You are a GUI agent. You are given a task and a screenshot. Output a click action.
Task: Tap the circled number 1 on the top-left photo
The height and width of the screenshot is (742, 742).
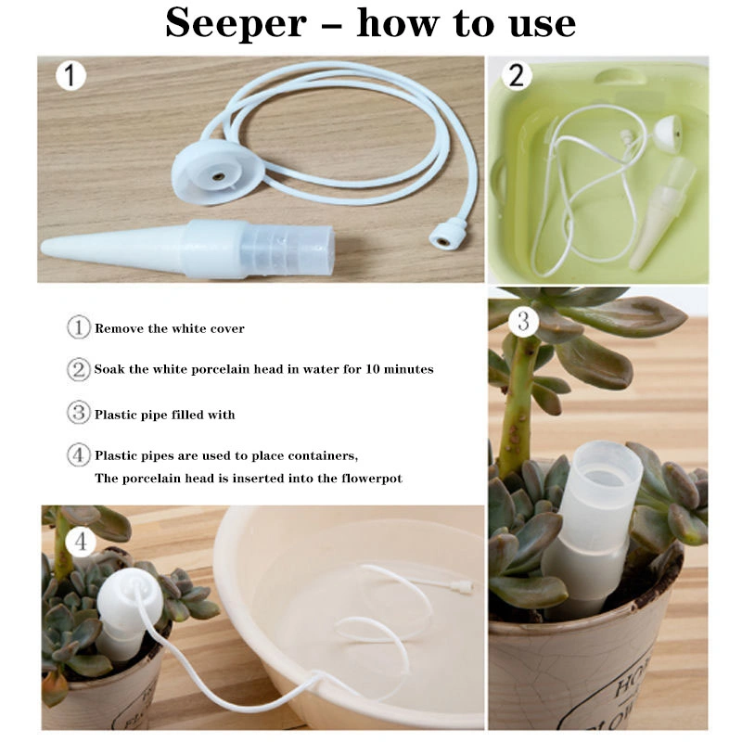coord(70,74)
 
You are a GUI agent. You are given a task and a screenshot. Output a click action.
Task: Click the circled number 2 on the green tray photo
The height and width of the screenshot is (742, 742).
coord(516,74)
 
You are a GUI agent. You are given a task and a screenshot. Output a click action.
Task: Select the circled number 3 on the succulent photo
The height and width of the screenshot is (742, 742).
coord(524,322)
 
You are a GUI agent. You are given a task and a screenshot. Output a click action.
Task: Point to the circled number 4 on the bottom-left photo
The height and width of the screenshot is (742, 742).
coord(81,541)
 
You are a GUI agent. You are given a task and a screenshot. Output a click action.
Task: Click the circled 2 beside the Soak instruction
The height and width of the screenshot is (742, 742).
coord(78,369)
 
